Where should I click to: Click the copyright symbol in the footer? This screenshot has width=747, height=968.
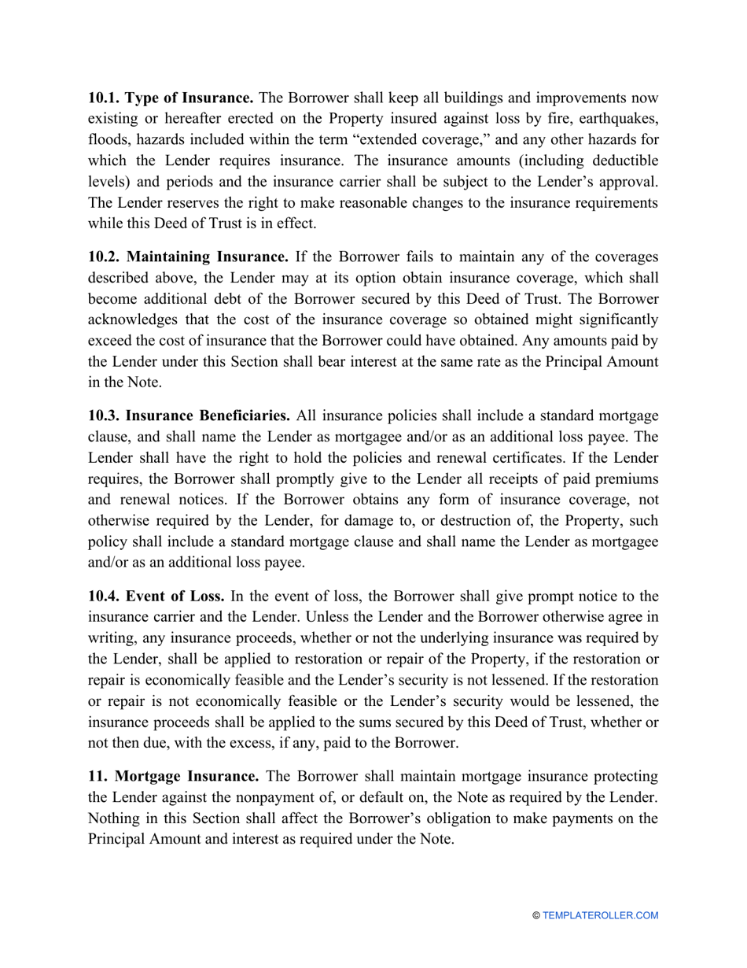click(536, 915)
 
